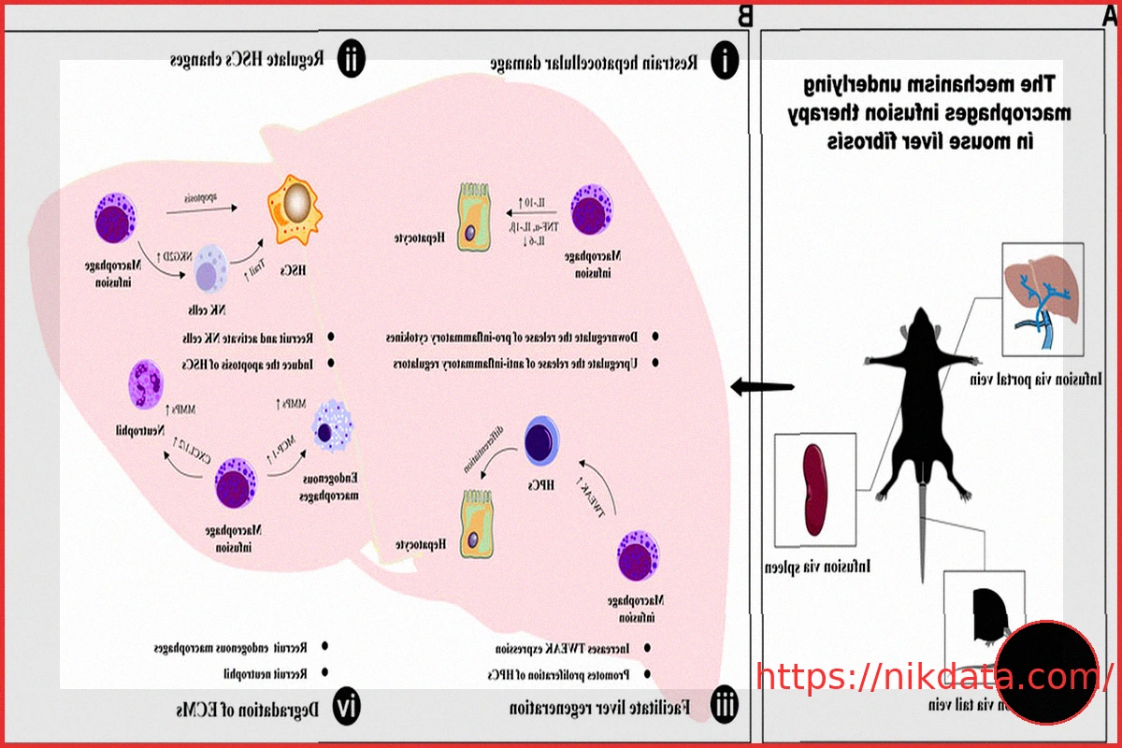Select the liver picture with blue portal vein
(1042, 298)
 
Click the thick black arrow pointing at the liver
(762, 386)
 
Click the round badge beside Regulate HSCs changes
(349, 61)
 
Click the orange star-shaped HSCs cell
(296, 205)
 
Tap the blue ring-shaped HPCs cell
(541, 441)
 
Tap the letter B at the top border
(745, 14)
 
